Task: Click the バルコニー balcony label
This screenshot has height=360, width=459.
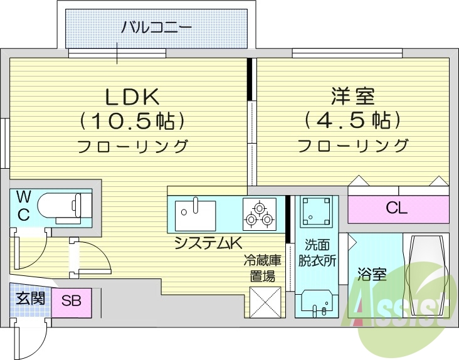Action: [156, 27]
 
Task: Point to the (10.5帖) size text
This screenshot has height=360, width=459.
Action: [132, 119]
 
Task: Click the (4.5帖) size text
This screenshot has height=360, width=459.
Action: [352, 119]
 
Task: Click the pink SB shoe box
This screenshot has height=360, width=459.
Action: [71, 300]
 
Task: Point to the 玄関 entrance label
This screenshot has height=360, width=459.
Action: [29, 297]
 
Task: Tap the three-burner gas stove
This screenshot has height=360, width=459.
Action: [258, 213]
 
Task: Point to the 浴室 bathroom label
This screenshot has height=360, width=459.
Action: [371, 275]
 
